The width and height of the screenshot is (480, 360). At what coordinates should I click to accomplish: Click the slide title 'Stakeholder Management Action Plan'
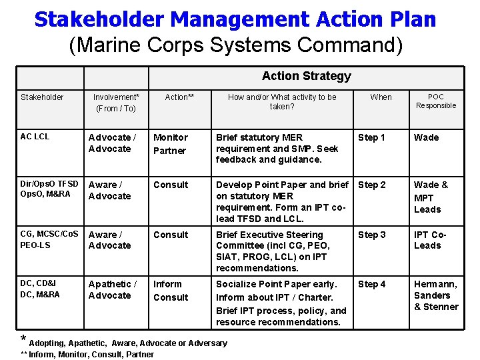click(x=235, y=19)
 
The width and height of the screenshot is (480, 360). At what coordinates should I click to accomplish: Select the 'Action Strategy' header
click(x=306, y=76)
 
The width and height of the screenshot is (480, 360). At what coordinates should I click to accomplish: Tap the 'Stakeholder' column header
click(x=42, y=97)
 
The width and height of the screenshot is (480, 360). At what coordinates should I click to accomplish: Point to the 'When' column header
click(x=381, y=97)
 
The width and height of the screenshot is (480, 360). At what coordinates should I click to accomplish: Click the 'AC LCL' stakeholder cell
click(x=35, y=137)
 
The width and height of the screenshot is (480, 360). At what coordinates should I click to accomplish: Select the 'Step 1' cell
click(x=372, y=138)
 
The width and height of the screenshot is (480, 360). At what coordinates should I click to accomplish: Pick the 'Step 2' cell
click(x=372, y=185)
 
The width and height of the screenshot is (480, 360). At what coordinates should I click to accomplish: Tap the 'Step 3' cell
click(x=372, y=235)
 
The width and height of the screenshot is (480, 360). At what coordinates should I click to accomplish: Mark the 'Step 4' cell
click(x=372, y=285)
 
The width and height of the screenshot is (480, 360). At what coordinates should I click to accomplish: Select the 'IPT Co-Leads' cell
click(x=430, y=240)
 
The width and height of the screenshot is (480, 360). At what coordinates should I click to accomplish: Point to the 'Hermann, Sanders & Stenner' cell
click(x=436, y=295)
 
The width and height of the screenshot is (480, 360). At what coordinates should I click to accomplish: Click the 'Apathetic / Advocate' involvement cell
click(x=113, y=290)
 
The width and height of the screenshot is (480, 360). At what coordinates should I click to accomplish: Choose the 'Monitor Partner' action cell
click(x=171, y=144)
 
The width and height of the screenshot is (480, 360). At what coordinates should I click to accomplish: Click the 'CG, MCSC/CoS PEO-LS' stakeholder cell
click(x=49, y=240)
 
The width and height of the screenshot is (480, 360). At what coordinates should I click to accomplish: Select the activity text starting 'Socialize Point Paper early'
click(x=281, y=303)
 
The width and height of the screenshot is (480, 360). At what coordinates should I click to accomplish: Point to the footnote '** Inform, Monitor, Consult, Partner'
click(x=87, y=355)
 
